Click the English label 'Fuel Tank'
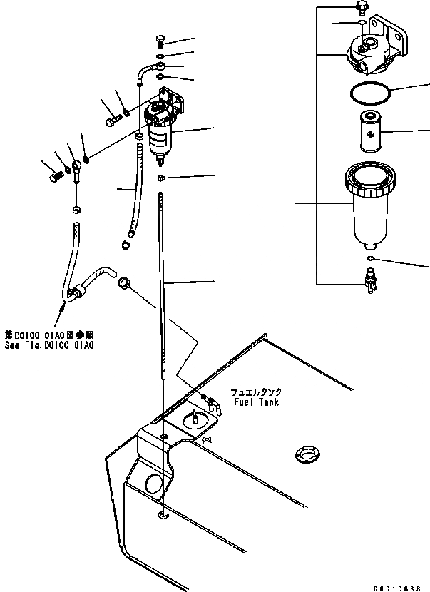[255, 402]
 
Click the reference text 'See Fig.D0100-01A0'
[49, 345]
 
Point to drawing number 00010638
[401, 584]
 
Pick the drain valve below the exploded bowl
[369, 279]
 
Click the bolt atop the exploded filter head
[361, 9]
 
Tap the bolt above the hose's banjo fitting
[160, 41]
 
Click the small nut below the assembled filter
[161, 178]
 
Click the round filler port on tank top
[306, 454]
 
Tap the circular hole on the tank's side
[153, 484]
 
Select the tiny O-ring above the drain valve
[369, 257]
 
